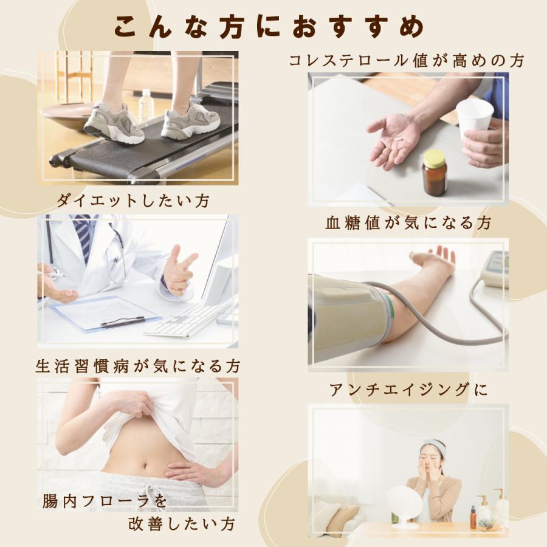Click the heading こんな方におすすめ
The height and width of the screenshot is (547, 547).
coord(269,26)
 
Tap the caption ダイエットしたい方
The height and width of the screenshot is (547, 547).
coord(132,201)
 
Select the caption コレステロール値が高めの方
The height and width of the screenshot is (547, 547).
coord(406,60)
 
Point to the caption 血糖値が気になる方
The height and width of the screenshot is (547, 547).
coord(408,223)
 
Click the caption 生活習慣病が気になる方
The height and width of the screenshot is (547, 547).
coord(138,366)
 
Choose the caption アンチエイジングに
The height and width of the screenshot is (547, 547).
coord(408,389)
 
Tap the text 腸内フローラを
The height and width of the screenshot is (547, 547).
coord(104,501)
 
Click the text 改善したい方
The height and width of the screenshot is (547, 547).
coord(181,523)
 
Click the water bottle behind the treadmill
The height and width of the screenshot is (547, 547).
coord(146,106)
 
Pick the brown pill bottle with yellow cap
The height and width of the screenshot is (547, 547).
coord(435,173)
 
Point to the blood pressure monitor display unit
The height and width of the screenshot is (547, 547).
coord(496,267)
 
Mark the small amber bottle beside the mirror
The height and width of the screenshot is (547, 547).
coord(473,517)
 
